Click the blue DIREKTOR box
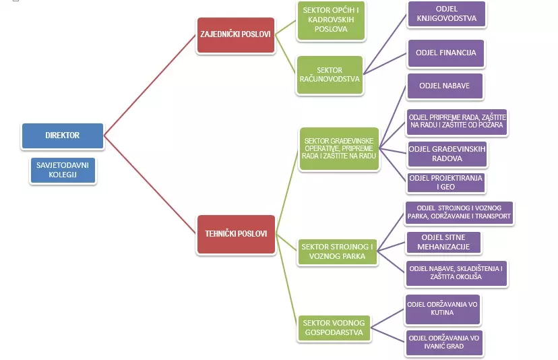pos(62,136)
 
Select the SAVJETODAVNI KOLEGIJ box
pos(63,170)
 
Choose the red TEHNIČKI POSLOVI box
pos(235,234)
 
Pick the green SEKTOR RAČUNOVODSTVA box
pos(330,75)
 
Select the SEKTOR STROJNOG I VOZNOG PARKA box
pos(338,251)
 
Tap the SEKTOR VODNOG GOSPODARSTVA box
pos(332,328)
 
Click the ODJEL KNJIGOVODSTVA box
pos(447,14)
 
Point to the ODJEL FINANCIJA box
pos(447,53)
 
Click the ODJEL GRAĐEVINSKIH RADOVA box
pos(447,154)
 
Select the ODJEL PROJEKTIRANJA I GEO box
pos(447,183)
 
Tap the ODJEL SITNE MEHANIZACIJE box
pos(445,242)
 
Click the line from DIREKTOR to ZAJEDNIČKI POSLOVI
pos(148,85)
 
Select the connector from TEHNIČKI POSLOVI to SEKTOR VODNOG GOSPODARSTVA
pos(286,280)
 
